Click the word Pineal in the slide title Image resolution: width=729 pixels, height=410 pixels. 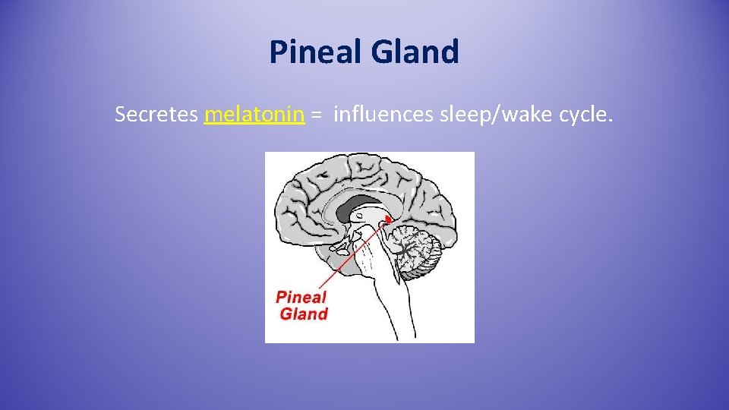(x=317, y=52)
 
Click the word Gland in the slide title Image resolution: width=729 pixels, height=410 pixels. (x=415, y=52)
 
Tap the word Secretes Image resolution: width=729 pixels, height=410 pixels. (x=156, y=115)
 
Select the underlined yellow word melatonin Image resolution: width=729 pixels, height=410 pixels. (x=254, y=115)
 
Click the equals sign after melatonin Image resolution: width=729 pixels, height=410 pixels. (x=317, y=116)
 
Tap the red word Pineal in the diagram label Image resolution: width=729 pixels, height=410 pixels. (x=301, y=297)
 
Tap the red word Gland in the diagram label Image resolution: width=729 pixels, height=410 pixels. (x=304, y=314)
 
